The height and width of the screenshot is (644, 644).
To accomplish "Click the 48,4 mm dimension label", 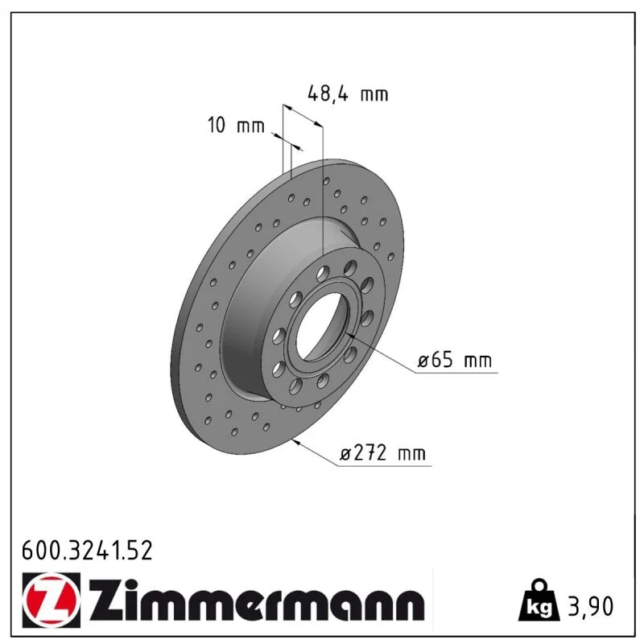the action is pyautogui.click(x=348, y=94).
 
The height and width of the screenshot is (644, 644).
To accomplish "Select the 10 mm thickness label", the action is pyautogui.click(x=236, y=125).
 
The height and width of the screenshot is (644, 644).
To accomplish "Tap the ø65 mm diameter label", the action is pyautogui.click(x=455, y=360).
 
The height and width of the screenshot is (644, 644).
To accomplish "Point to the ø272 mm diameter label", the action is pyautogui.click(x=383, y=453).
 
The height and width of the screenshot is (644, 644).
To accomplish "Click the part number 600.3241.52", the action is pyautogui.click(x=87, y=551).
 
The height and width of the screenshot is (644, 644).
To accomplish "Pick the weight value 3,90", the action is pyautogui.click(x=590, y=606).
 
